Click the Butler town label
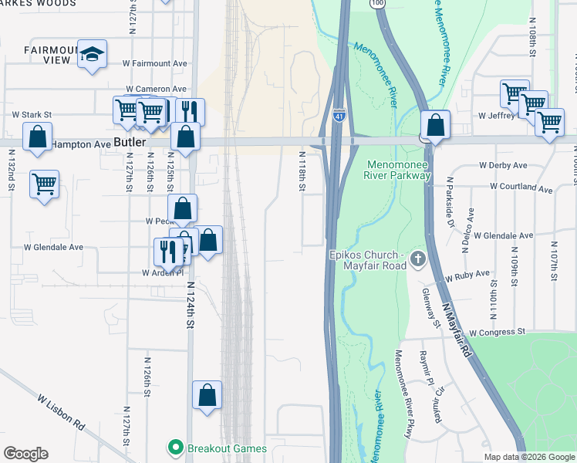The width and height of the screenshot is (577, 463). [128, 143]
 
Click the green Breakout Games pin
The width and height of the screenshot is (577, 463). [175, 448]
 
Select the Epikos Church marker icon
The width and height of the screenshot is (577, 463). [417, 259]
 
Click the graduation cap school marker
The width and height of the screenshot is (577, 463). [92, 54]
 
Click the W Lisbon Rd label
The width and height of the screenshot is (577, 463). [61, 412]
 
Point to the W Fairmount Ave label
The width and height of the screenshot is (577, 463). [154, 63]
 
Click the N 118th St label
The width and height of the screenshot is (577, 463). [302, 171]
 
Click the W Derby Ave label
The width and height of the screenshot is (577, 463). [502, 165]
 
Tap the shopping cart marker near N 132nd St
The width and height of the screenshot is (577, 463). [44, 184]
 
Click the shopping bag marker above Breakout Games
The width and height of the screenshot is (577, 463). [207, 395]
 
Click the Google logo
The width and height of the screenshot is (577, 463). [26, 454]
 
